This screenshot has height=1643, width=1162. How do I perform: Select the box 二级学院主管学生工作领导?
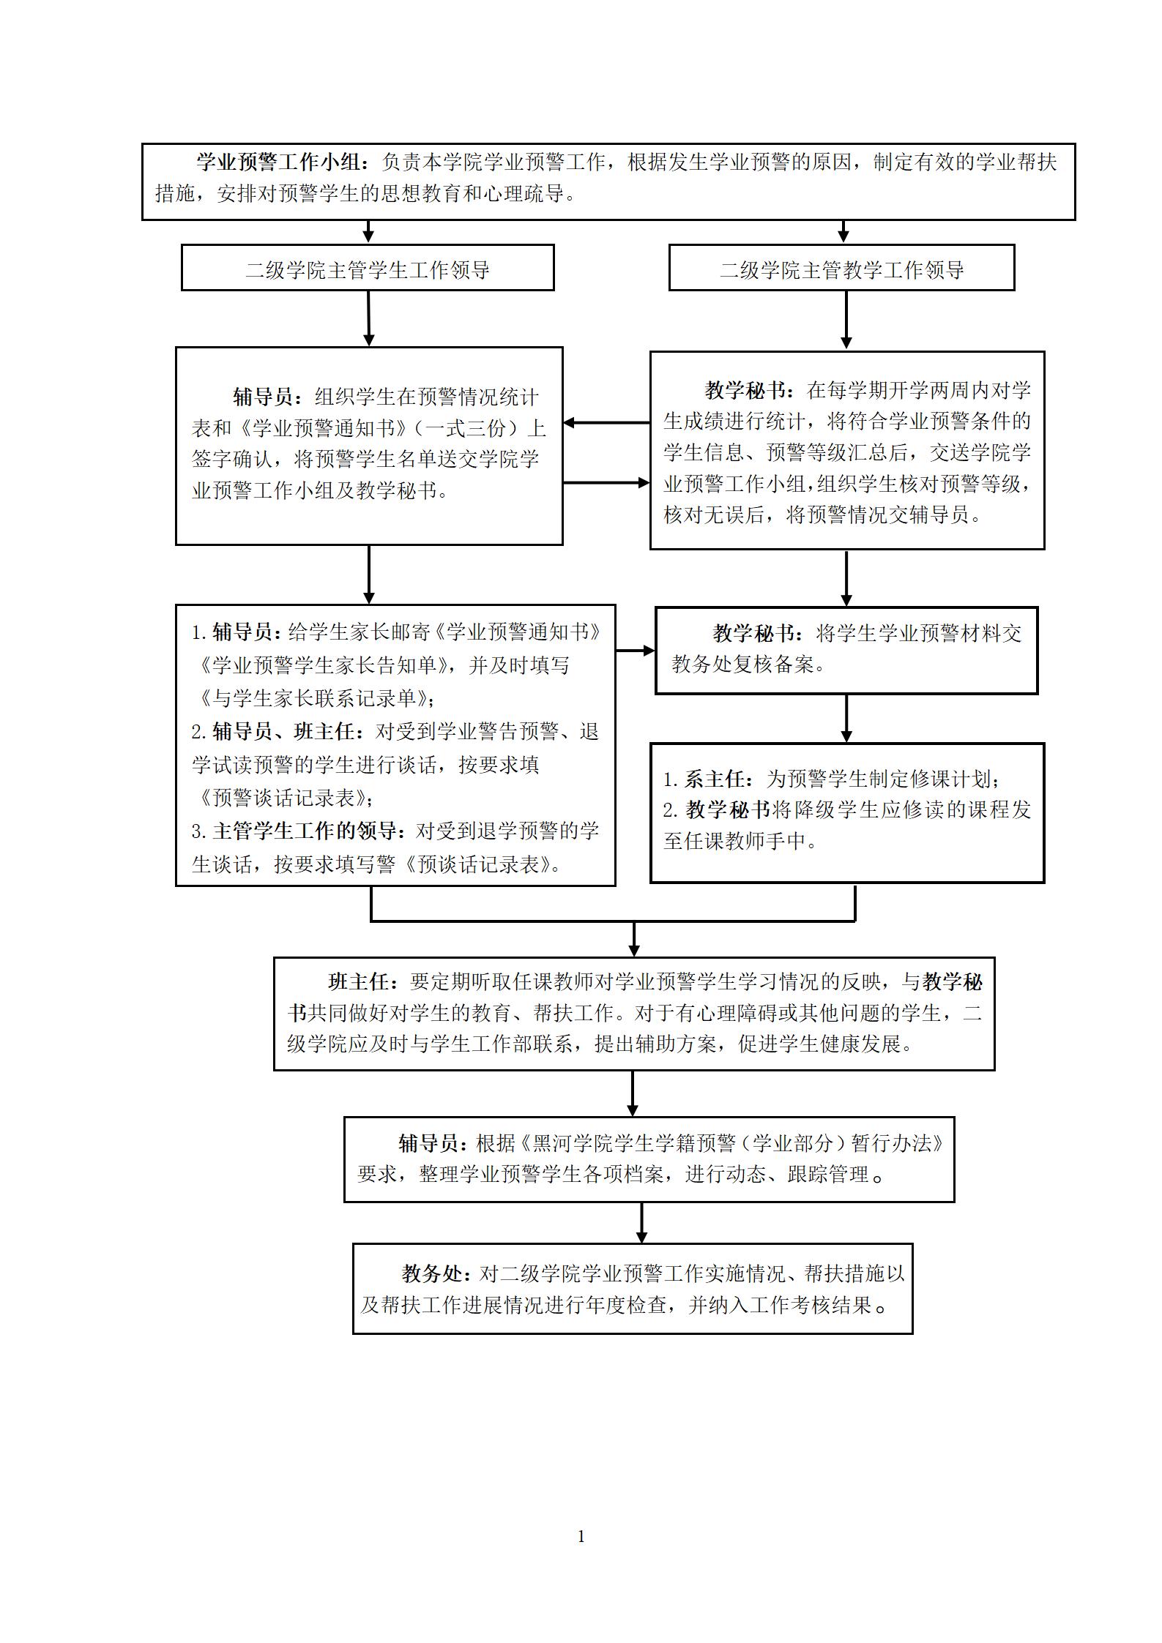click(368, 268)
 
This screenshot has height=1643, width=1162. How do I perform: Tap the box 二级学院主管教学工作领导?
click(841, 268)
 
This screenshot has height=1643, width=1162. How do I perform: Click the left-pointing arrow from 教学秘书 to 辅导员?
click(606, 423)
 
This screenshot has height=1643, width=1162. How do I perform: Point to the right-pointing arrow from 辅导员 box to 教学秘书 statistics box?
click(606, 483)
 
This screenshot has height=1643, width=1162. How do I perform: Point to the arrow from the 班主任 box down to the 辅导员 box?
click(633, 1093)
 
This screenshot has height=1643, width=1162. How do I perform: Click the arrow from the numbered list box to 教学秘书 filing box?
click(635, 650)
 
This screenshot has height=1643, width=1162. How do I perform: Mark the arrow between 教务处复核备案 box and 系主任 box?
click(846, 719)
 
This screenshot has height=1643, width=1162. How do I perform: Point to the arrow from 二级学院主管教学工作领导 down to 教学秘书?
click(846, 320)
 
